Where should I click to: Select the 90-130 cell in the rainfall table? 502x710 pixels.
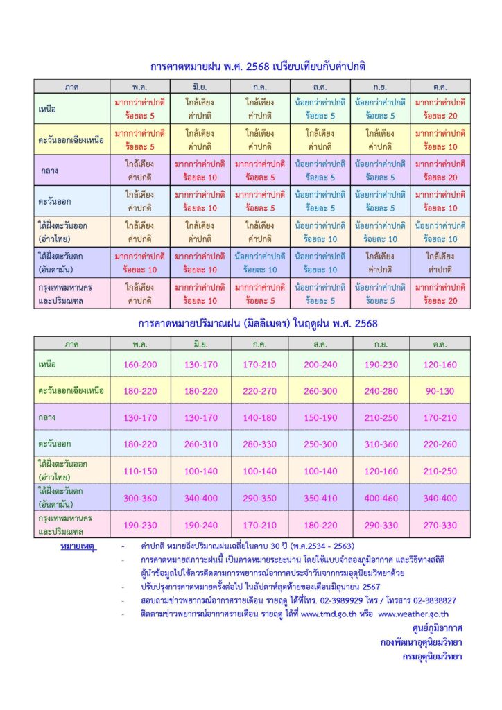440,391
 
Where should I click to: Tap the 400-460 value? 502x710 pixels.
380,498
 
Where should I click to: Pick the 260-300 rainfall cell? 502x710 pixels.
320,391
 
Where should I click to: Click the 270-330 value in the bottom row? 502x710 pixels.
440,526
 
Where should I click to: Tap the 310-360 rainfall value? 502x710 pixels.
380,444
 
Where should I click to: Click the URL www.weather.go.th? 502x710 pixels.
413,614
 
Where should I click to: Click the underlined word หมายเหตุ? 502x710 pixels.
77,546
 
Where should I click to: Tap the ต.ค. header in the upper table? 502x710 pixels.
440,87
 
